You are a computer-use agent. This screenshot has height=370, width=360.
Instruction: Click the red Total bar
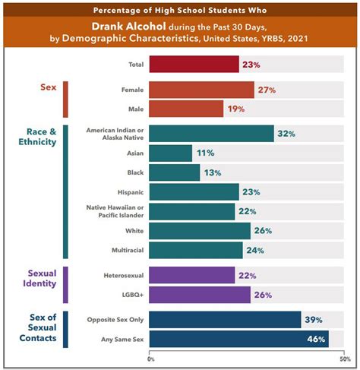pyautogui.click(x=194, y=65)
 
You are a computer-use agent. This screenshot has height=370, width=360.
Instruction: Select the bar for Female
pyautogui.click(x=201, y=90)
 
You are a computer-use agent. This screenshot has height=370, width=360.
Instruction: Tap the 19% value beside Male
pyautogui.click(x=236, y=109)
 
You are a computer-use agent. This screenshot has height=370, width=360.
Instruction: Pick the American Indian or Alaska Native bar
pyautogui.click(x=211, y=134)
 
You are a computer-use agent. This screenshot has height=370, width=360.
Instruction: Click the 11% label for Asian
pyautogui.click(x=206, y=153)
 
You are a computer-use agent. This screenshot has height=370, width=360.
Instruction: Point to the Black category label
pyautogui.click(x=135, y=172)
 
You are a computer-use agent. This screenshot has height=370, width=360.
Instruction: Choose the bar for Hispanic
pyautogui.click(x=194, y=192)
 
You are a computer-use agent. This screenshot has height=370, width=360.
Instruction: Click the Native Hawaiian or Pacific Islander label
pyautogui.click(x=115, y=211)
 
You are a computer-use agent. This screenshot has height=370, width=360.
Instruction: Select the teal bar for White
pyautogui.click(x=200, y=231)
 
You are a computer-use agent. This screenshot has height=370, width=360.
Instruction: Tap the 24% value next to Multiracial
pyautogui.click(x=255, y=251)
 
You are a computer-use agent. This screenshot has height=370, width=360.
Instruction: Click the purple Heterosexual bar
pyautogui.click(x=192, y=275)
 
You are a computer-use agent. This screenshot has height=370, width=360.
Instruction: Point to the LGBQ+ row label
pyautogui.click(x=133, y=295)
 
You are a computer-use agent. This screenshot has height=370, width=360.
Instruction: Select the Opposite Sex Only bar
pyautogui.click(x=225, y=320)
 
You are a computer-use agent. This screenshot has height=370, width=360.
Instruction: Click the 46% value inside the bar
pyautogui.click(x=316, y=339)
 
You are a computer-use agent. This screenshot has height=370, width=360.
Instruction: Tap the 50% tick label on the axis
pyautogui.click(x=346, y=359)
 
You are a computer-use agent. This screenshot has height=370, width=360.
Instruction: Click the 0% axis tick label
pyautogui.click(x=151, y=359)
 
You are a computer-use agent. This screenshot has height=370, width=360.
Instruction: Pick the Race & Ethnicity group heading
pyautogui.click(x=37, y=137)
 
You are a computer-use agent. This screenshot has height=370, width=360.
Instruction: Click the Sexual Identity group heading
pyautogui.click(x=39, y=278)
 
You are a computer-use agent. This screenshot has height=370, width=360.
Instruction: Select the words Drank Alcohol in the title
pyautogui.click(x=128, y=27)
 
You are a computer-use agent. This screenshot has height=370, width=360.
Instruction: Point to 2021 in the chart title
pyautogui.click(x=298, y=39)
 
